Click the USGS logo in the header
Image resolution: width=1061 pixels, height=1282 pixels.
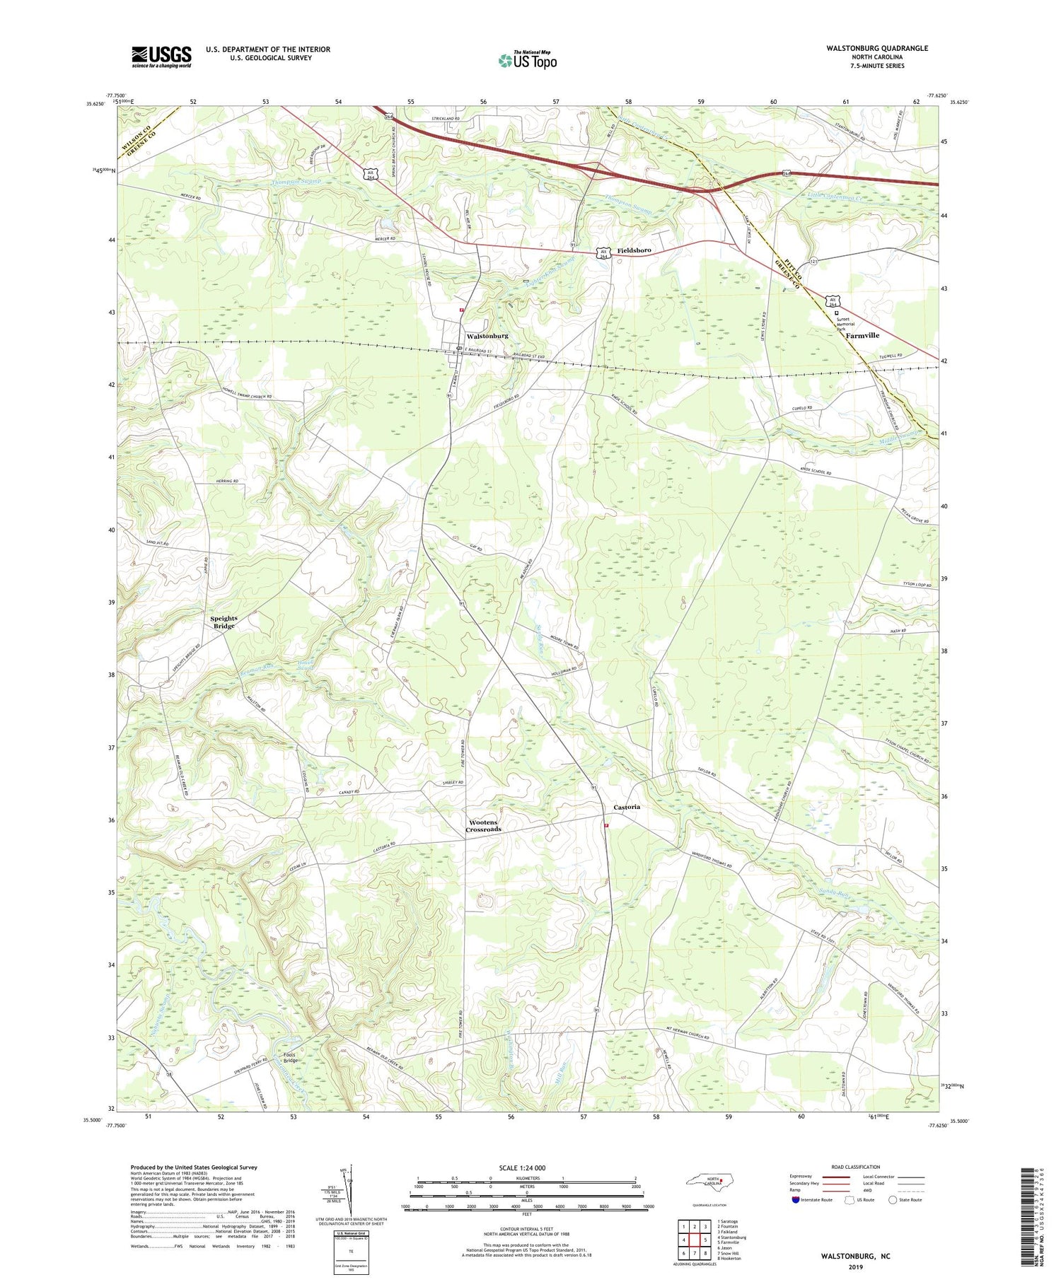[x=161, y=56]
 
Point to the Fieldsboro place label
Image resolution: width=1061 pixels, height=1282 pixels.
[x=634, y=250]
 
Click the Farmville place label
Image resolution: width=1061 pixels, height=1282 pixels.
[x=862, y=335]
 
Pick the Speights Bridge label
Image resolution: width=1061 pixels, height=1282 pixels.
[x=224, y=622]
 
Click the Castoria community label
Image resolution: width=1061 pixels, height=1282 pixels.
[x=627, y=807]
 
